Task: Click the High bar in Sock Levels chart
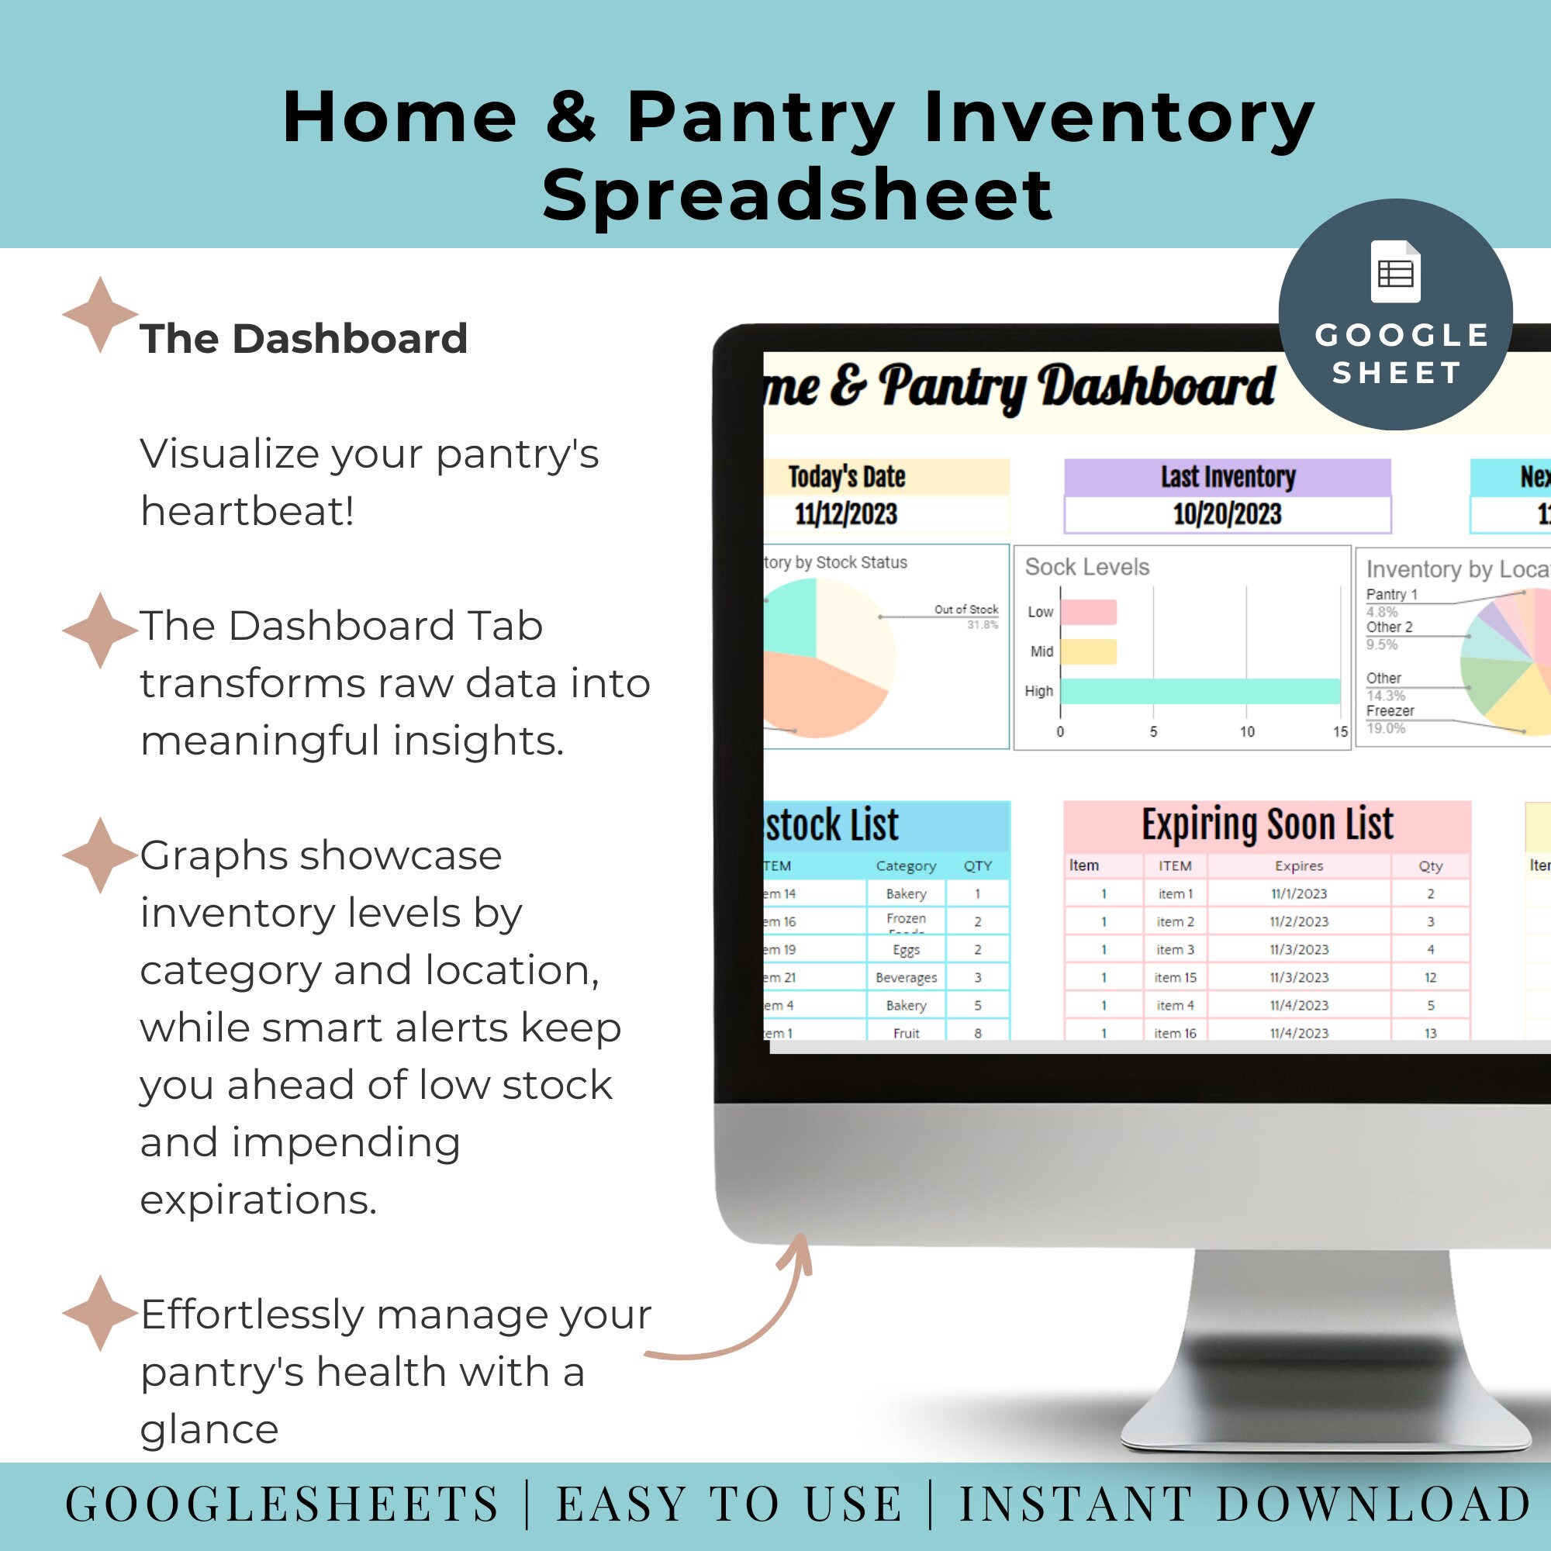(x=1200, y=691)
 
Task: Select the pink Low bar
(x=1088, y=612)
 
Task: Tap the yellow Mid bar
(x=1088, y=651)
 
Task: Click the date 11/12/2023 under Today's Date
(x=845, y=514)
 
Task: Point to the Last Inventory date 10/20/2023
(x=1227, y=514)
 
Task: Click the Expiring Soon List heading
(x=1267, y=824)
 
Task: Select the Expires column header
(x=1298, y=865)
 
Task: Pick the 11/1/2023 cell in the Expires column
(x=1298, y=893)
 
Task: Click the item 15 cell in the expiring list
(x=1174, y=977)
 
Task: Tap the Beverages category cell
(x=906, y=977)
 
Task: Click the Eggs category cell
(x=906, y=950)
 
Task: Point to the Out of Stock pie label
(x=965, y=610)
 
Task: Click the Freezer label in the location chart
(x=1390, y=710)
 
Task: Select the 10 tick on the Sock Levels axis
(x=1246, y=731)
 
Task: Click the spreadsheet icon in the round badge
(x=1395, y=272)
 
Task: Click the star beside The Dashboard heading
(x=99, y=315)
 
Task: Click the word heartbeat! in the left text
(x=247, y=510)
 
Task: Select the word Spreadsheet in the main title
(x=796, y=195)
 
